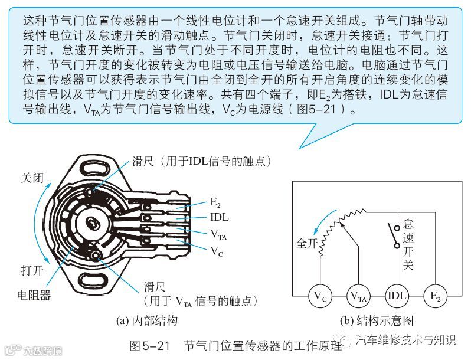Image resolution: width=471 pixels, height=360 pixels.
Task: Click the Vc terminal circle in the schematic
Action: (x=319, y=294)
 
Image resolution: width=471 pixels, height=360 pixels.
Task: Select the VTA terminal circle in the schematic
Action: (x=358, y=294)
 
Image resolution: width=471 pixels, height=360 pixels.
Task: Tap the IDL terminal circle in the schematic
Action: (x=397, y=294)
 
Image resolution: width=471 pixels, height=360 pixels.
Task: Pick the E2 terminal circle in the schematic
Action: (x=436, y=294)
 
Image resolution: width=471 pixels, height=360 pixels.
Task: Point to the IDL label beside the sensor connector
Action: (x=220, y=217)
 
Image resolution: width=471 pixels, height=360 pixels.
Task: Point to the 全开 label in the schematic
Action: (x=307, y=243)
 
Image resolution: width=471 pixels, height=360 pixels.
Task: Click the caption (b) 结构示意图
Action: (x=378, y=321)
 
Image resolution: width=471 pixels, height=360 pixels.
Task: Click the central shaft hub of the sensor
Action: (x=93, y=224)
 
